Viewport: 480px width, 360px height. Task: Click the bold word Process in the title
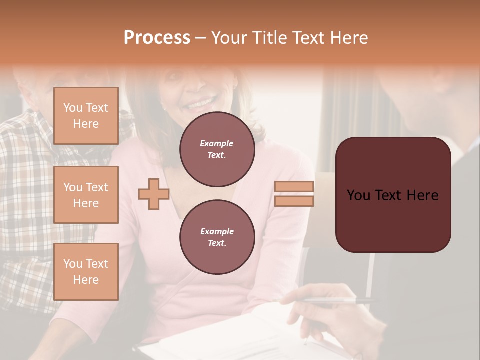pyautogui.click(x=157, y=38)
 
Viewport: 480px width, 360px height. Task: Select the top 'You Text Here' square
pyautogui.click(x=86, y=116)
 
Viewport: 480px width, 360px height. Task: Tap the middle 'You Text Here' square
pyautogui.click(x=86, y=195)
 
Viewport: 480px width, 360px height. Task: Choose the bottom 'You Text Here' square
pyautogui.click(x=86, y=271)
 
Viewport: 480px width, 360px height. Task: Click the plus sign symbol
pyautogui.click(x=153, y=194)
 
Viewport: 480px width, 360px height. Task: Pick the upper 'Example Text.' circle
pyautogui.click(x=217, y=149)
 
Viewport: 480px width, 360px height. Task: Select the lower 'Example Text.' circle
pyautogui.click(x=217, y=237)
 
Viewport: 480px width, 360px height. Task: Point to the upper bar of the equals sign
pyautogui.click(x=294, y=187)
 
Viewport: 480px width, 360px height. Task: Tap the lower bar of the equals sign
pyautogui.click(x=294, y=201)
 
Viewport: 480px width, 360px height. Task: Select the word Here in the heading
pyautogui.click(x=349, y=38)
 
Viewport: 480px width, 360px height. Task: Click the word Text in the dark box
pyautogui.click(x=393, y=195)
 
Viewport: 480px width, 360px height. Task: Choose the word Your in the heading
pyautogui.click(x=230, y=38)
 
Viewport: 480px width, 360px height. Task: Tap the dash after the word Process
pyautogui.click(x=201, y=38)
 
